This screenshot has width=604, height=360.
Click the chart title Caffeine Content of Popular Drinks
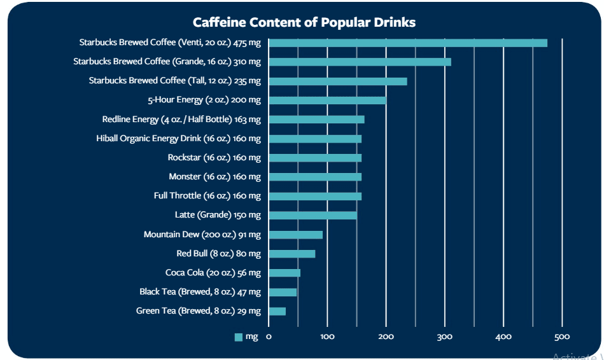304,22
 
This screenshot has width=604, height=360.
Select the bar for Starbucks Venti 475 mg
407,43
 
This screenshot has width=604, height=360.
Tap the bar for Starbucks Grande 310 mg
360,62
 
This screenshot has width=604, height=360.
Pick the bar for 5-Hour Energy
327,100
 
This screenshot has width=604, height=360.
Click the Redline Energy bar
316,119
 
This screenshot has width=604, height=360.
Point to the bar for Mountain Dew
295,235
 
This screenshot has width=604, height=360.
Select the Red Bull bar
291,254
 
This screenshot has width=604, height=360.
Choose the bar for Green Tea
277,311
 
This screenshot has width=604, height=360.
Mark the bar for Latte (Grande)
313,216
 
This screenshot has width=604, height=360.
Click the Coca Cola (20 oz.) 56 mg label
213,273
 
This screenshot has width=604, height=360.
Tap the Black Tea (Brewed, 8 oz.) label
200,292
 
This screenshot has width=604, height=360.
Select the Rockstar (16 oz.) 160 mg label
214,157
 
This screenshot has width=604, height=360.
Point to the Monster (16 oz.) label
214,176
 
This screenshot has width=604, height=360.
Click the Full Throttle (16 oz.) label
207,196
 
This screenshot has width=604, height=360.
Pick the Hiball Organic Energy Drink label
178,138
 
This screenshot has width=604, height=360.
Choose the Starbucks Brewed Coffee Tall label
174,81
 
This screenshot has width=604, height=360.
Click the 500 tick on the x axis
562,336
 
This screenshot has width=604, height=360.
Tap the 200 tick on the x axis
386,336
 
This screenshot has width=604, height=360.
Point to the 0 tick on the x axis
269,336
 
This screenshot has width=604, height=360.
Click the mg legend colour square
239,337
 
